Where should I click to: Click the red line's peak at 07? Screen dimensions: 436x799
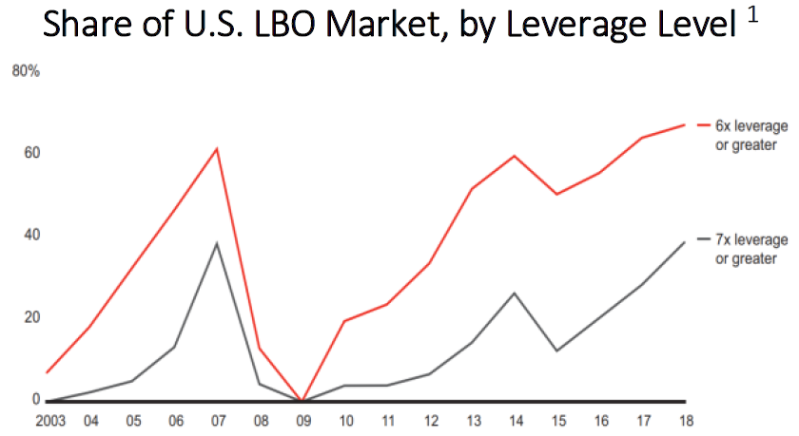(217, 149)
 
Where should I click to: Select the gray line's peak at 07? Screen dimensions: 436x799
(217, 243)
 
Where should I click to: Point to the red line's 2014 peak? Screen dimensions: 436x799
(515, 156)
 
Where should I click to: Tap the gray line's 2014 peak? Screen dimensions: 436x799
(515, 293)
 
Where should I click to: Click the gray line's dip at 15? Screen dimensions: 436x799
(556, 351)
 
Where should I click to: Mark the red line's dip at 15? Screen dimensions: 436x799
(556, 194)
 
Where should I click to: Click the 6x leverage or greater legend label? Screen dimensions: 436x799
(747, 135)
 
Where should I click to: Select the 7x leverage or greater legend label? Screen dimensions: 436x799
(747, 249)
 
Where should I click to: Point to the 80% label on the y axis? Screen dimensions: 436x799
(26, 71)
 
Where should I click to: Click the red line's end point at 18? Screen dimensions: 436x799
(684, 124)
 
